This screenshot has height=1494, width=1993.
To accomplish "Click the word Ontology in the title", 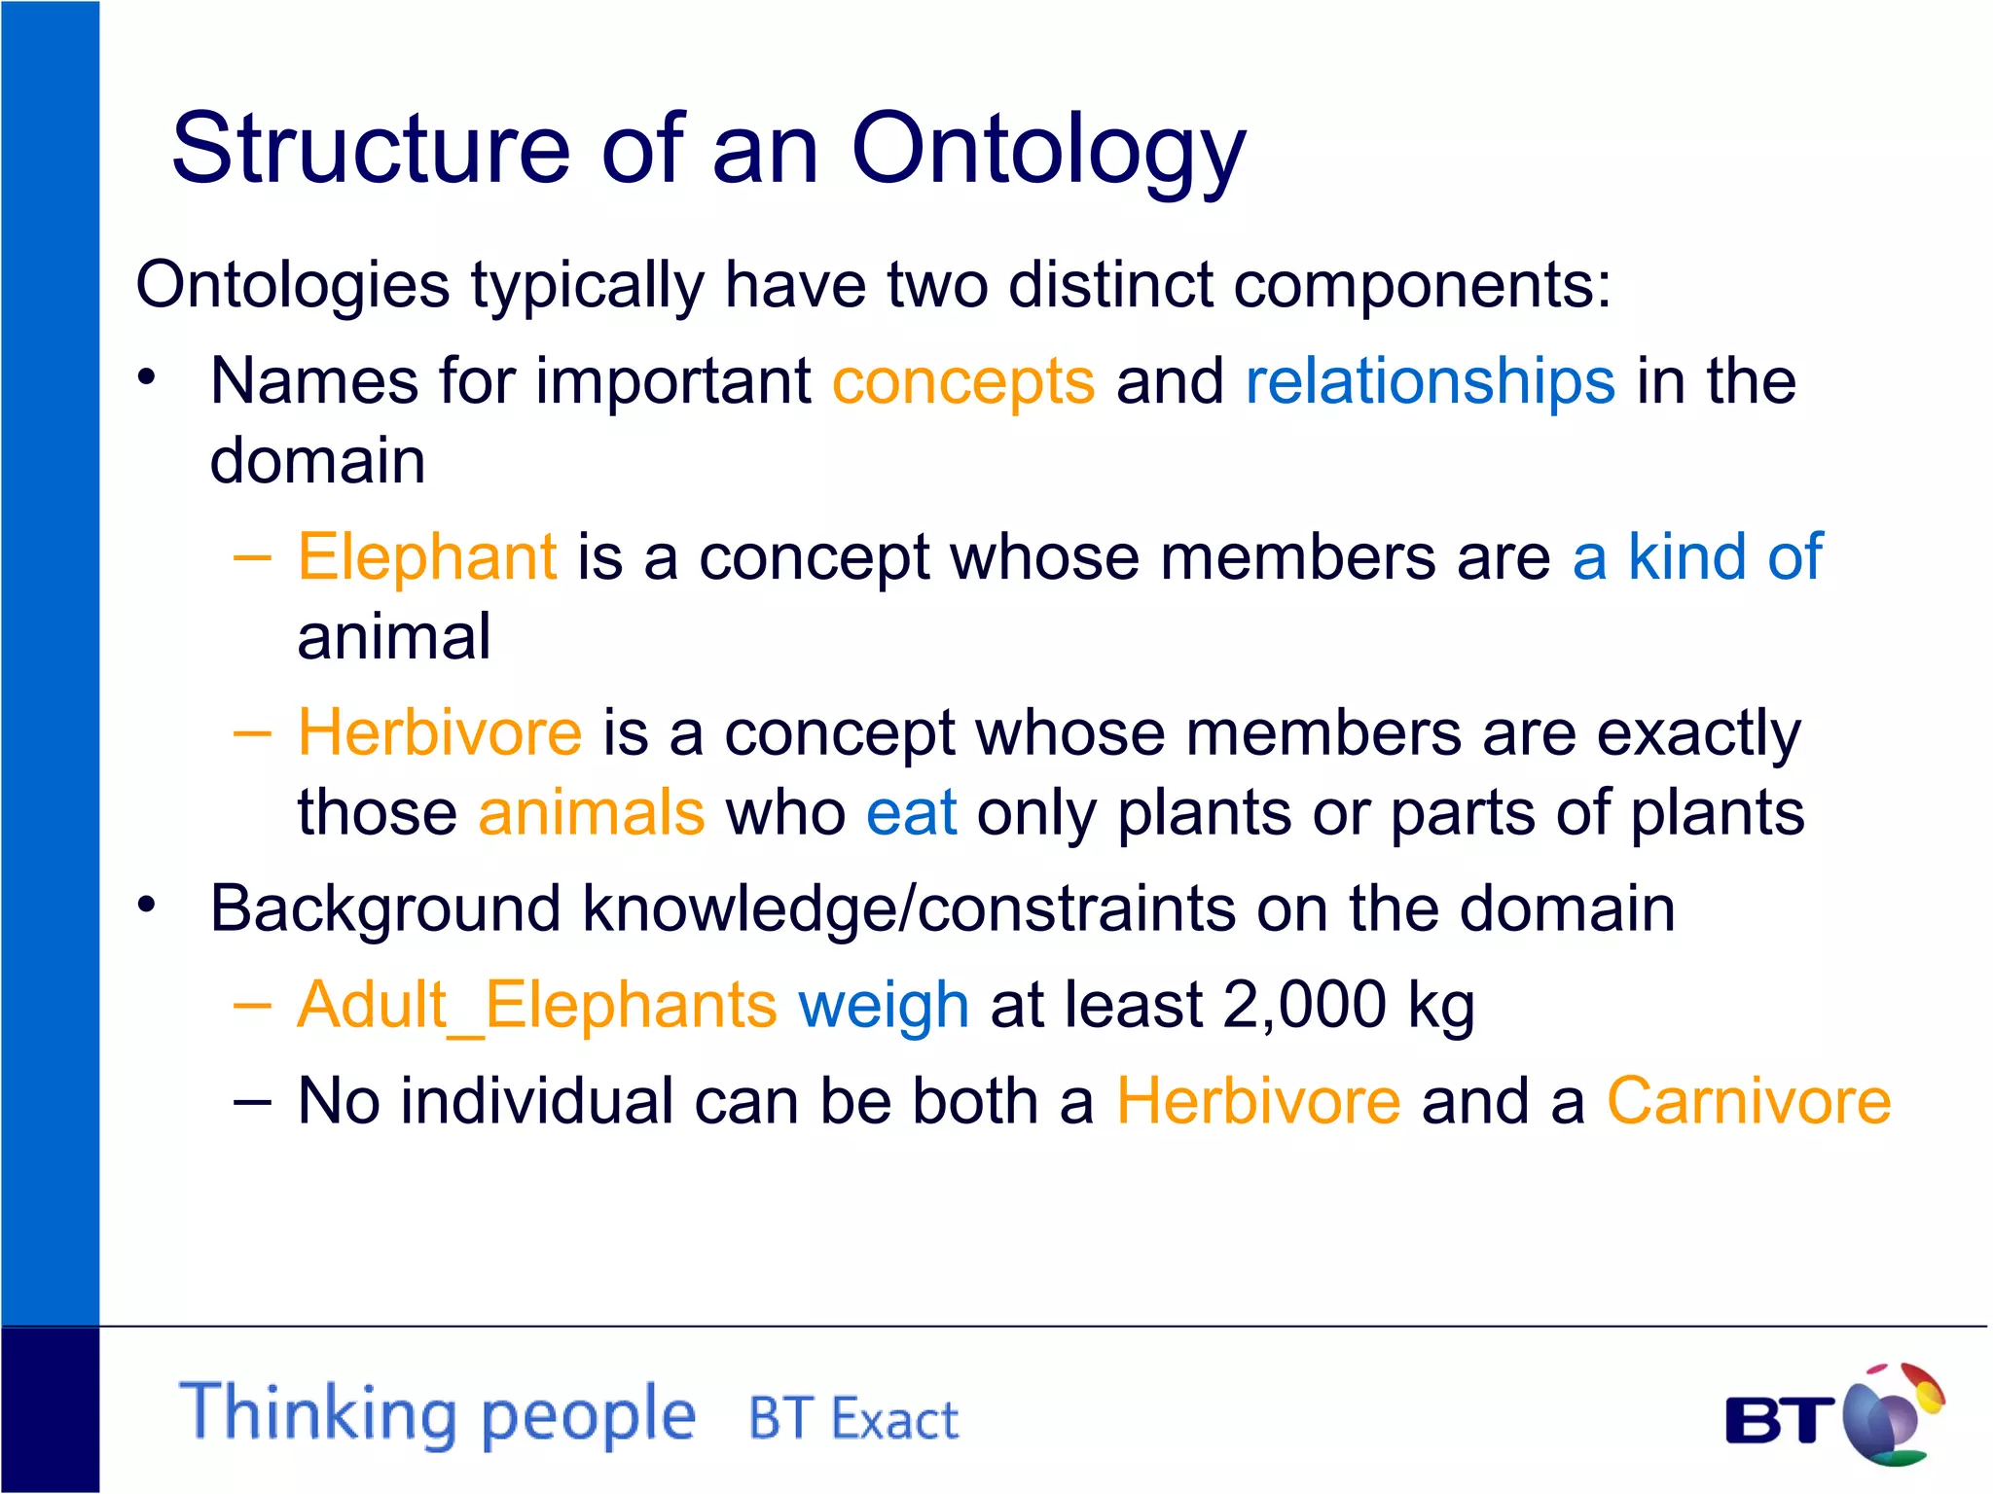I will pyautogui.click(x=1048, y=151).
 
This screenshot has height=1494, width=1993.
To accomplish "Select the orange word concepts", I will pyautogui.click(x=963, y=381).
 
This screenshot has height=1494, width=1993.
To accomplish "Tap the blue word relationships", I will pyautogui.click(x=1430, y=380).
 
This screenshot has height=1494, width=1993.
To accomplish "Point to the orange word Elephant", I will pyautogui.click(x=427, y=557).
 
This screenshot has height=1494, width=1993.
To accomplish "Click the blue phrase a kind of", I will pyautogui.click(x=1697, y=557).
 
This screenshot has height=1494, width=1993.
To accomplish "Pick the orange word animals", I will pyautogui.click(x=591, y=812).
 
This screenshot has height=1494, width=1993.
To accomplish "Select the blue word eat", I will pyautogui.click(x=911, y=813).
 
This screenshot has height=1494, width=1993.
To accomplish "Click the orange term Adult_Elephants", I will pyautogui.click(x=537, y=1005).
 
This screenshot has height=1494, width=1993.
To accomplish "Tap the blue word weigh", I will pyautogui.click(x=883, y=1007).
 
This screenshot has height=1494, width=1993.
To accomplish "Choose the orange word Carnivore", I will pyautogui.click(x=1748, y=1101).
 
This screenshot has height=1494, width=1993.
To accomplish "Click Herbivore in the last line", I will pyautogui.click(x=1257, y=1101).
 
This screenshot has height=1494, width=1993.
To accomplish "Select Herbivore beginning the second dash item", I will pyautogui.click(x=440, y=732).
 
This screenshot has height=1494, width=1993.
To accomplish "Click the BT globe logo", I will pyautogui.click(x=1892, y=1415).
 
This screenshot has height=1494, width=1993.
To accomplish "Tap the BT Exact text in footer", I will pyautogui.click(x=852, y=1419).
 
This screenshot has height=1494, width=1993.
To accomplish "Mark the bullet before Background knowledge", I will pyautogui.click(x=146, y=906).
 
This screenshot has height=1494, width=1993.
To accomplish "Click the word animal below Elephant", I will pyautogui.click(x=393, y=637).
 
